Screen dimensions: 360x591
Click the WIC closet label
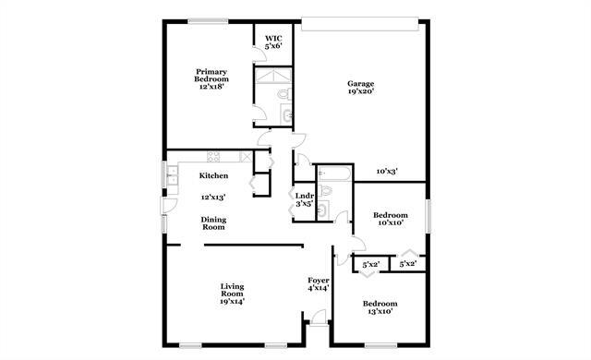273,38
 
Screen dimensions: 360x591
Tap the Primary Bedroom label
211,75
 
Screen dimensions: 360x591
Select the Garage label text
361,84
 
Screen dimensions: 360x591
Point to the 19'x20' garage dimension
361,93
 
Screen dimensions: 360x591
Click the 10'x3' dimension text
388,171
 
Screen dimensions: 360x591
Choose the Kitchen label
214,175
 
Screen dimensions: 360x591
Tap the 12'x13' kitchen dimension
213,197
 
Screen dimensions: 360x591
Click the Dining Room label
214,222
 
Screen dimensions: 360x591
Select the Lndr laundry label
304,195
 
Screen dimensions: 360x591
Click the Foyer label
318,280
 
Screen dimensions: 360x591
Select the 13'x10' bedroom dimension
380,312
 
